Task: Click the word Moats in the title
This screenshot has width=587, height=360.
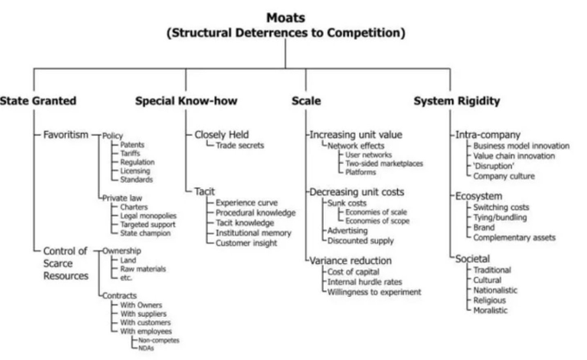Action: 293,9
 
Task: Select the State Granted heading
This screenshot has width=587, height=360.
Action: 37,101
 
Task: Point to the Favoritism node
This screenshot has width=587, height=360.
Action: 67,136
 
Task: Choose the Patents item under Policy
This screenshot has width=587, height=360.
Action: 132,145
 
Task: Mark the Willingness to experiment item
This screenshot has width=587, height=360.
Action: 375,291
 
